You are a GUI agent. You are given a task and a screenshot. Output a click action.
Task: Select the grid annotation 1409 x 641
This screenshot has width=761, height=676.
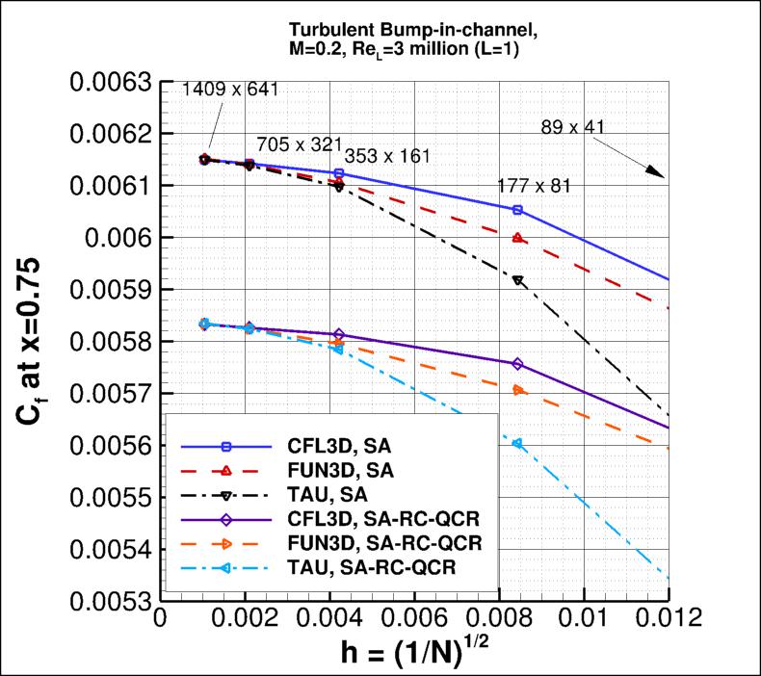[x=230, y=91]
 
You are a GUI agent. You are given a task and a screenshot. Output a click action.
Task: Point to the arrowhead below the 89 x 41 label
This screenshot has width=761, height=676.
[x=656, y=172]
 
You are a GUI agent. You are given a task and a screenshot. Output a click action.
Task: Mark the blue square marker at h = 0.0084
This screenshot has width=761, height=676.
[x=518, y=209]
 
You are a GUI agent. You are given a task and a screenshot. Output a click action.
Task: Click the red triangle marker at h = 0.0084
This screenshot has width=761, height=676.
[x=518, y=238]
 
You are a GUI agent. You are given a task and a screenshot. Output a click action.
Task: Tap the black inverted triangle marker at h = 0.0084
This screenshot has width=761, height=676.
[x=518, y=280]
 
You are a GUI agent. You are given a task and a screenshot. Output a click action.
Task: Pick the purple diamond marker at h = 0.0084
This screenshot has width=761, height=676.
[x=518, y=364]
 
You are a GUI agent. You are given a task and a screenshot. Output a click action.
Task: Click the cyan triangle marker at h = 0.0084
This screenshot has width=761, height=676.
[x=518, y=443]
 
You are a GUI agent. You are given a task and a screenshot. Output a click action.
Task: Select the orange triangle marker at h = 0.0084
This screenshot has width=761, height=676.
[x=518, y=390]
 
